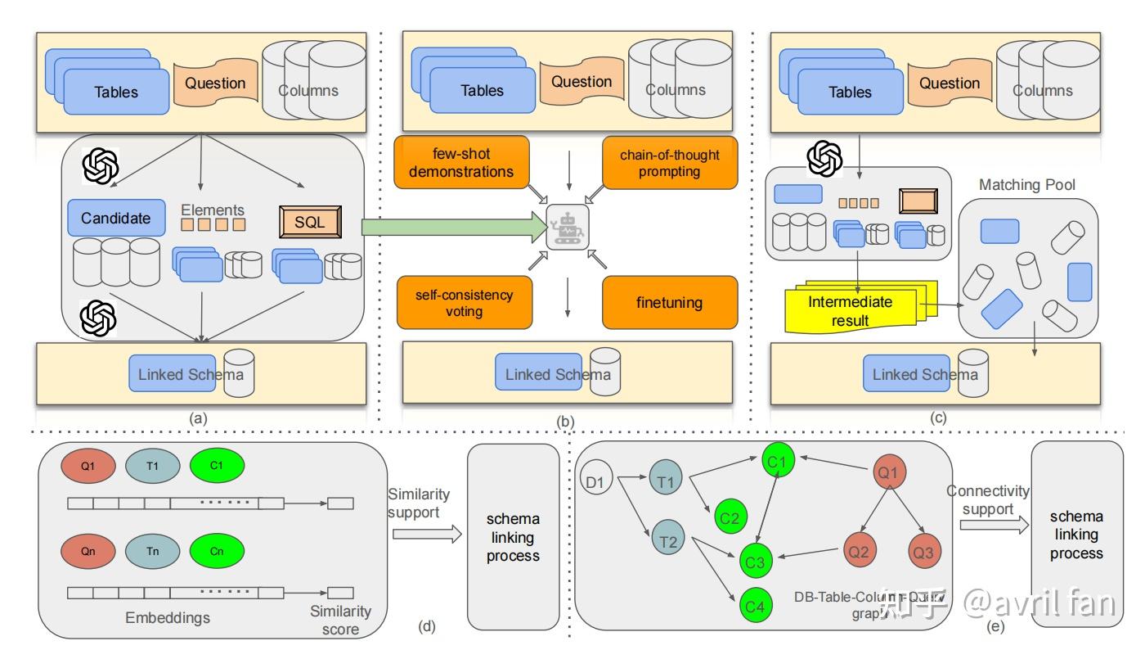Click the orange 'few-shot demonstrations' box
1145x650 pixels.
(462, 162)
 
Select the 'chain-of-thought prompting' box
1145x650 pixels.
(670, 162)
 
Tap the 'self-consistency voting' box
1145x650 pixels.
(464, 302)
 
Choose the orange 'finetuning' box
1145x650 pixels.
(670, 302)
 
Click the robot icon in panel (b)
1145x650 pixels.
(567, 228)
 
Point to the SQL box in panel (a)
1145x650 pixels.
(309, 221)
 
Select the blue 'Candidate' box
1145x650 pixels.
(115, 218)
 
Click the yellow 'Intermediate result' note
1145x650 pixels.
(851, 310)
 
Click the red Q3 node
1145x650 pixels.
(923, 552)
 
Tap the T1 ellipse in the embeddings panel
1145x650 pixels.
(153, 466)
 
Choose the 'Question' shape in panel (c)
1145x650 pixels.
(949, 84)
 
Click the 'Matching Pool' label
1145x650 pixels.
(1026, 185)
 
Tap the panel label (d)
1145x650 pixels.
(426, 628)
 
